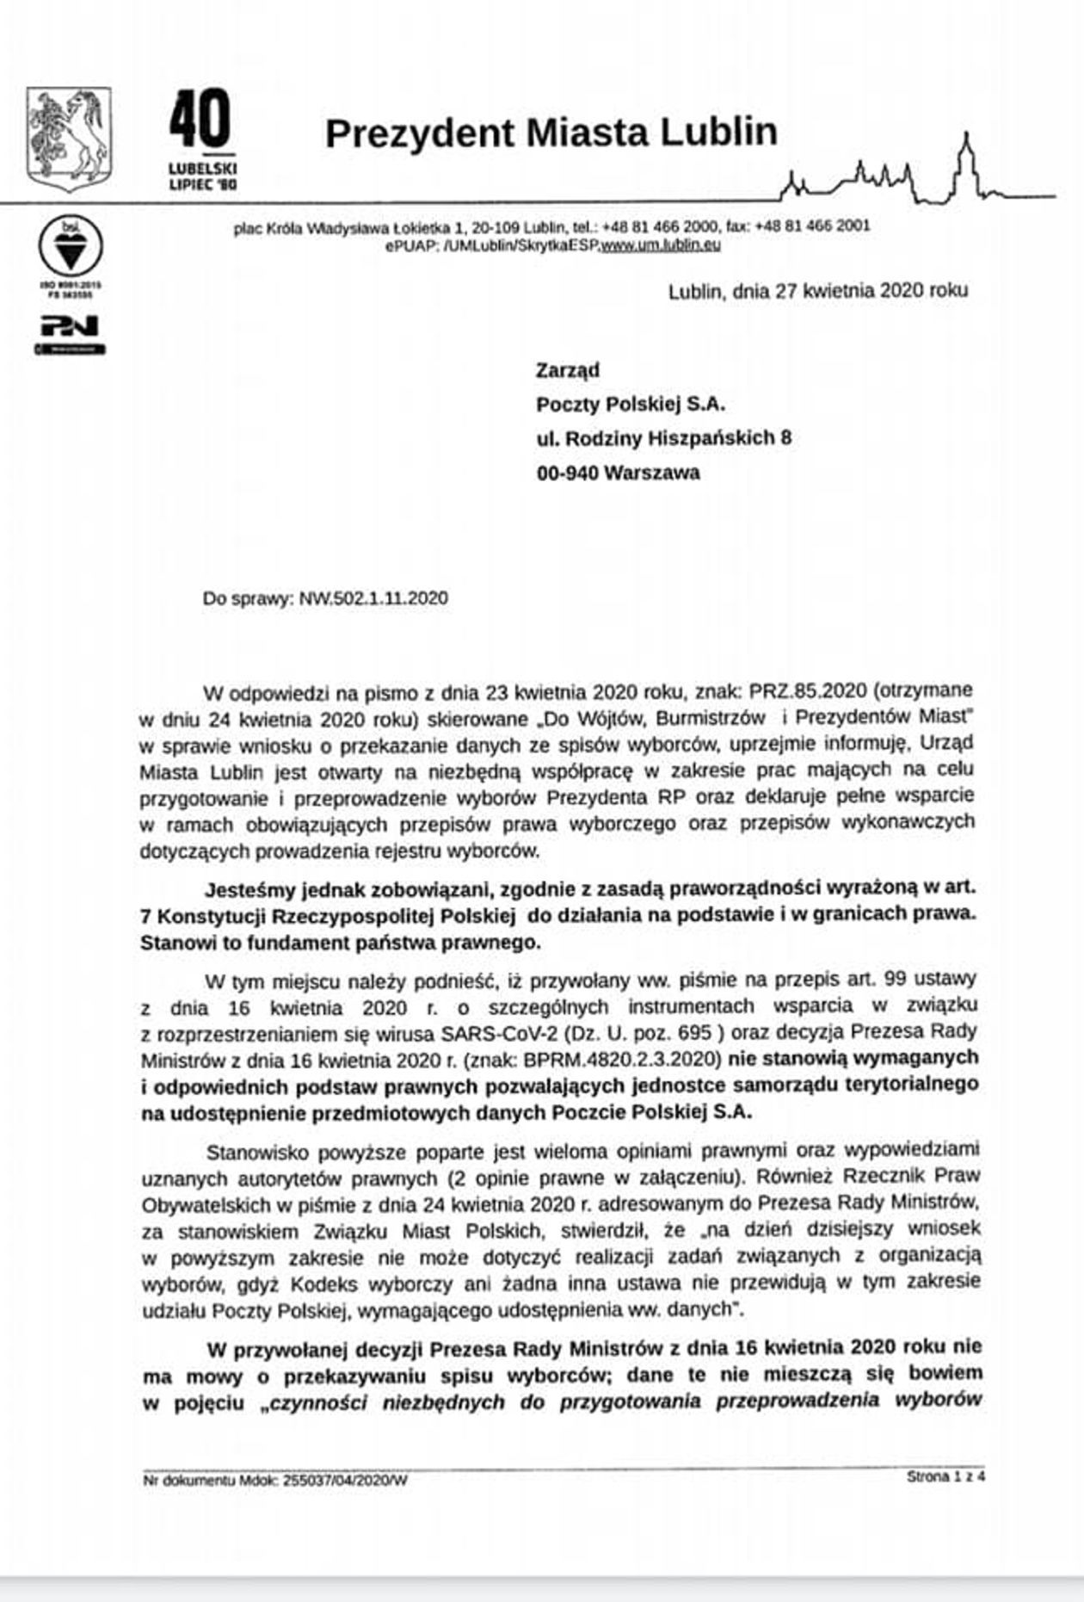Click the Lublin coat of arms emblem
click(x=69, y=138)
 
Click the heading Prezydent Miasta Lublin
click(x=551, y=133)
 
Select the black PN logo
click(x=70, y=326)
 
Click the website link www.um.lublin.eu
click(x=660, y=245)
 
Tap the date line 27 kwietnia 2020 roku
click(x=817, y=291)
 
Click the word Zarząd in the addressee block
click(x=568, y=370)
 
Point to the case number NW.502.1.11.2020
click(x=373, y=598)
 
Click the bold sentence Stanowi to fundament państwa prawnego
click(x=341, y=943)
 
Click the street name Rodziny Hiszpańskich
click(x=670, y=438)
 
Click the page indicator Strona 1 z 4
click(x=945, y=1476)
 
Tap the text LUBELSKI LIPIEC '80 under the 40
click(x=203, y=176)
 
